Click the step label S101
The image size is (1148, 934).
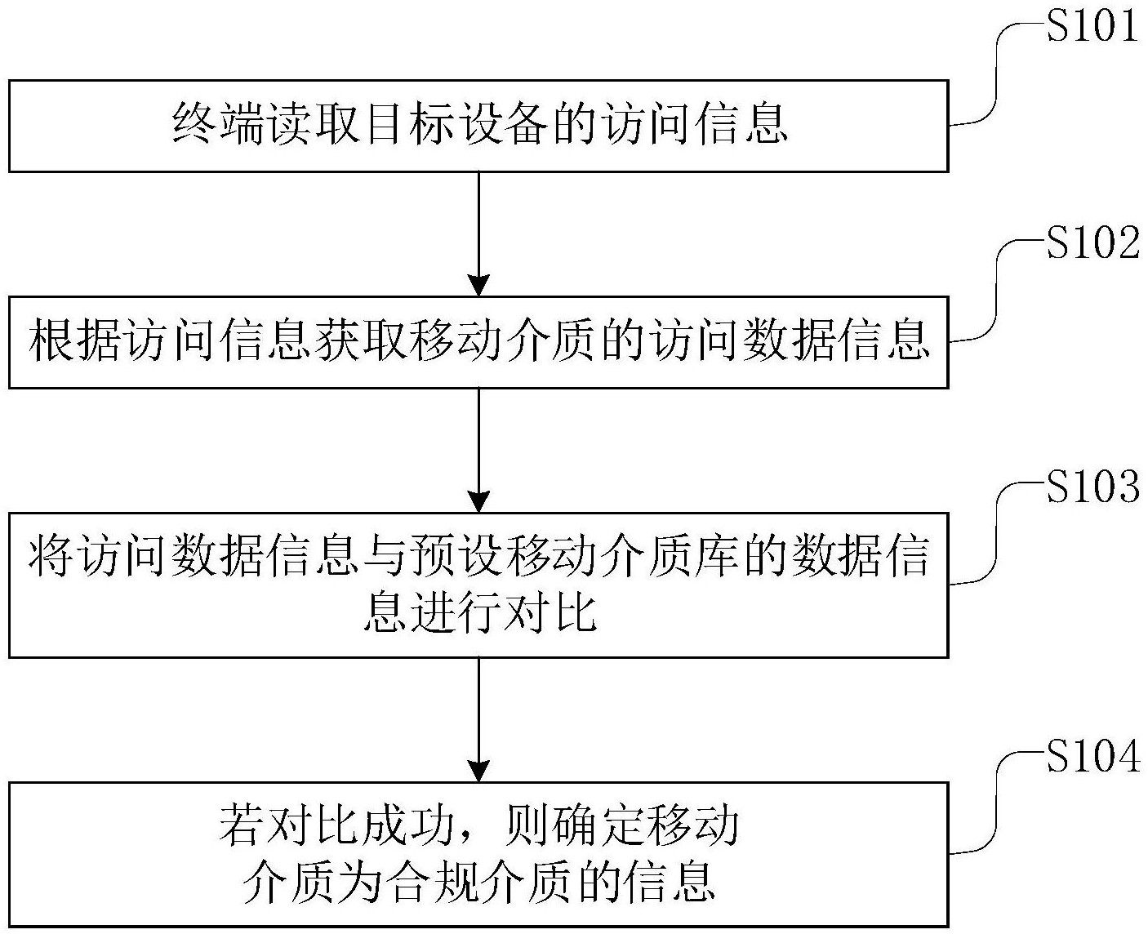[x=1092, y=26]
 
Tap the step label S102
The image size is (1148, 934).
[x=1092, y=243]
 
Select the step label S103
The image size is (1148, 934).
[x=1092, y=487]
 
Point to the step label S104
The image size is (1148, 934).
[x=1092, y=756]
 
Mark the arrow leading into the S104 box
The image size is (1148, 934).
[x=478, y=718]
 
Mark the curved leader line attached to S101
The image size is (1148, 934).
[x=997, y=73]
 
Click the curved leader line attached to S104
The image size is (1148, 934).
[x=997, y=804]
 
